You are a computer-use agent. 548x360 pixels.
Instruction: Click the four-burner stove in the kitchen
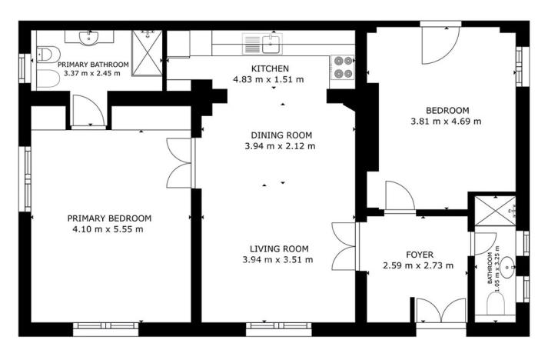[341, 68]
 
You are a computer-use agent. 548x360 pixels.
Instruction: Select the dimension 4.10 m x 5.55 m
[109, 228]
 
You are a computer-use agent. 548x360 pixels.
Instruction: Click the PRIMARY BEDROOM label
[109, 218]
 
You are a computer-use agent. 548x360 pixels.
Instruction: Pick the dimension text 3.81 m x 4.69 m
[446, 121]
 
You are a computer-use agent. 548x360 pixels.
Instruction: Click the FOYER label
[420, 255]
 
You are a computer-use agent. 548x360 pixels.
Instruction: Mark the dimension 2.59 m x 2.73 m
[418, 266]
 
